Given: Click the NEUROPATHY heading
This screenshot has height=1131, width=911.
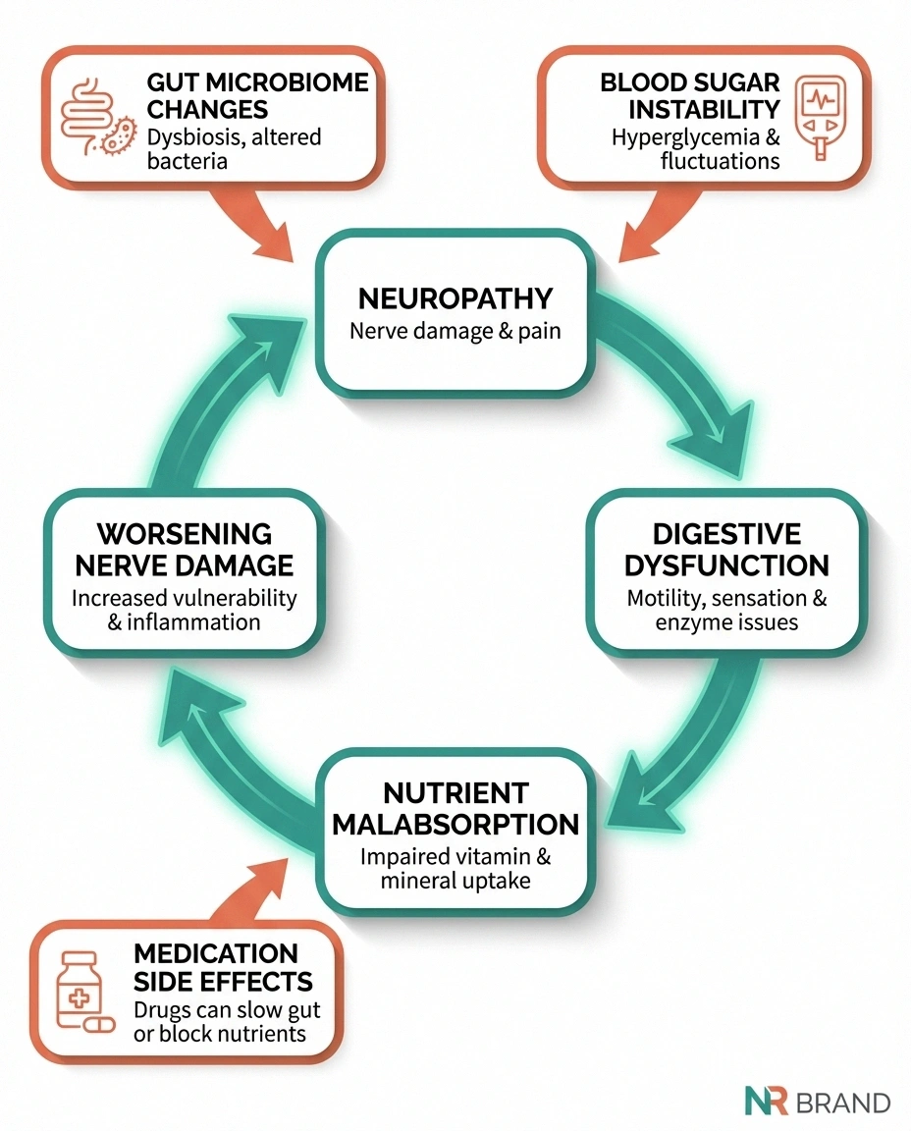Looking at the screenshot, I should [x=455, y=297].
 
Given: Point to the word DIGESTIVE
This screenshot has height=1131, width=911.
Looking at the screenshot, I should [x=726, y=534].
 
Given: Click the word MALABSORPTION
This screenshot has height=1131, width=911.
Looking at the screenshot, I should [x=455, y=824].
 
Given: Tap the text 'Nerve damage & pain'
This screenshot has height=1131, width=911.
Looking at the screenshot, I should [x=455, y=330].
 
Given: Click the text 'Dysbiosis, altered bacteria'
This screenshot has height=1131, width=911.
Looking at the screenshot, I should [x=234, y=147].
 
